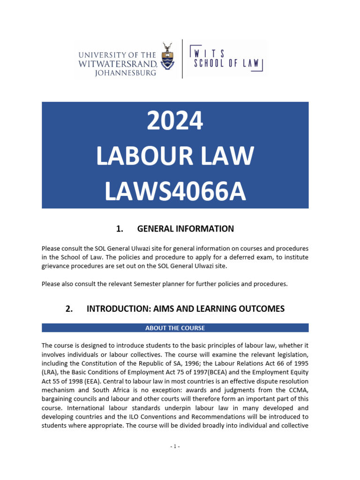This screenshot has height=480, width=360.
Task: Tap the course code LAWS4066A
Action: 175,192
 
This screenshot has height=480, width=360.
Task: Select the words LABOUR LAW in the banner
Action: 175,157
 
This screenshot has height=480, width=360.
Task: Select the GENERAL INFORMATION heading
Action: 185,229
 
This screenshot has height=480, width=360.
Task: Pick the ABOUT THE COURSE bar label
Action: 175,328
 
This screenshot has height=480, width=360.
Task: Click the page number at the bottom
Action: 175,446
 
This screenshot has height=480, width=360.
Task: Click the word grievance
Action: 57,266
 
